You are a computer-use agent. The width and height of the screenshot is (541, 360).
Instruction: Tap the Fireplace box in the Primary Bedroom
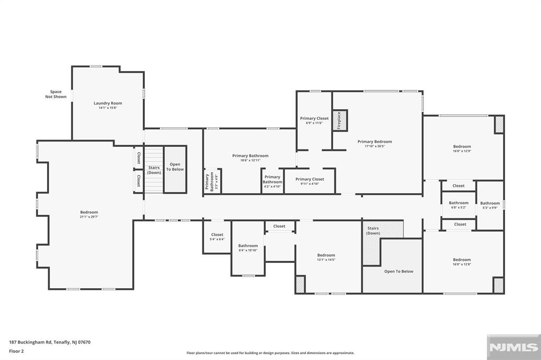tap(340, 120)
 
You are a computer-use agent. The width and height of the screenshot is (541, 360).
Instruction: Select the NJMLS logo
tap(514, 347)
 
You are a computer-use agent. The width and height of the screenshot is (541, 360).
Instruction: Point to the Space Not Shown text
tap(56, 94)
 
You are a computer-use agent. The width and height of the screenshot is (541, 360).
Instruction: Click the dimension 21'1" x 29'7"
tap(89, 217)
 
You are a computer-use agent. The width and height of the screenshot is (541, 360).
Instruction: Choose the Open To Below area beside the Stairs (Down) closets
tap(175, 169)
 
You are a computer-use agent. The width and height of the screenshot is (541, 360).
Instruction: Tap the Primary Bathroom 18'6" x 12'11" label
tap(250, 158)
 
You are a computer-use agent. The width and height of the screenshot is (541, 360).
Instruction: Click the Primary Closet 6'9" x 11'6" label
tap(314, 120)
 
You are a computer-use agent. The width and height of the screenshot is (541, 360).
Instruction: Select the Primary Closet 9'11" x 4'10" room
tap(310, 182)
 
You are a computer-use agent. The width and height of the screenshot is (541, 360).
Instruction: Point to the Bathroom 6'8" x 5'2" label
tap(459, 205)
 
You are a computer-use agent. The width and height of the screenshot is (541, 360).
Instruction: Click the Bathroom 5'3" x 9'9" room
tap(490, 205)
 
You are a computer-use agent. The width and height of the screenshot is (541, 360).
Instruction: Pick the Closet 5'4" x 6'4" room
tap(217, 237)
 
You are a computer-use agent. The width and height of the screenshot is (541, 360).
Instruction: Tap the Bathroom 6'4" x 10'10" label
tap(248, 248)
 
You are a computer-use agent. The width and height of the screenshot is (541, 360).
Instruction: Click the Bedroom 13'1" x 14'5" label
tap(326, 257)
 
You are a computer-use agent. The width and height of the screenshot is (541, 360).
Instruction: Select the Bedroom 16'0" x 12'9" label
tap(462, 149)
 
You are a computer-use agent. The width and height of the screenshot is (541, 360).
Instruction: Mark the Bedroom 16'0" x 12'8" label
tap(462, 262)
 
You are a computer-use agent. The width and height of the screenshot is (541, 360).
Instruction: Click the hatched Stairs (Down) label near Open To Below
tap(373, 231)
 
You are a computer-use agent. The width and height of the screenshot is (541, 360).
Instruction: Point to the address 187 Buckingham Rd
tap(30, 343)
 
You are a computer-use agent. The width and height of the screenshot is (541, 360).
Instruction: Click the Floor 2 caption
tap(16, 352)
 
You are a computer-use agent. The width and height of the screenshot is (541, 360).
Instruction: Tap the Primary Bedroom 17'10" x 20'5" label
tap(375, 144)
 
